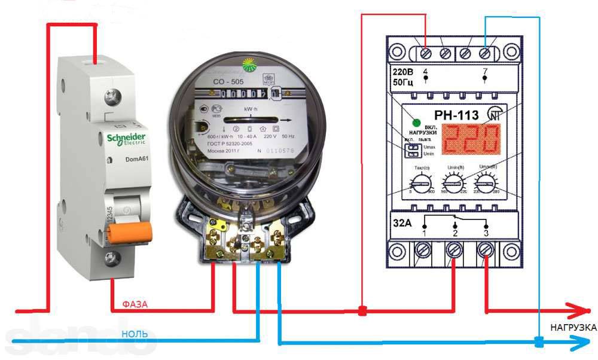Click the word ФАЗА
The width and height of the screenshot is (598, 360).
pyautogui.click(x=135, y=304)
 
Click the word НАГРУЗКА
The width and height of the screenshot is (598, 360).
pyautogui.click(x=573, y=328)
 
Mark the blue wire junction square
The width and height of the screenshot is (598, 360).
pyautogui.click(x=539, y=343)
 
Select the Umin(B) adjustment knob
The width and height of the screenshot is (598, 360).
pyautogui.click(x=452, y=182)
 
